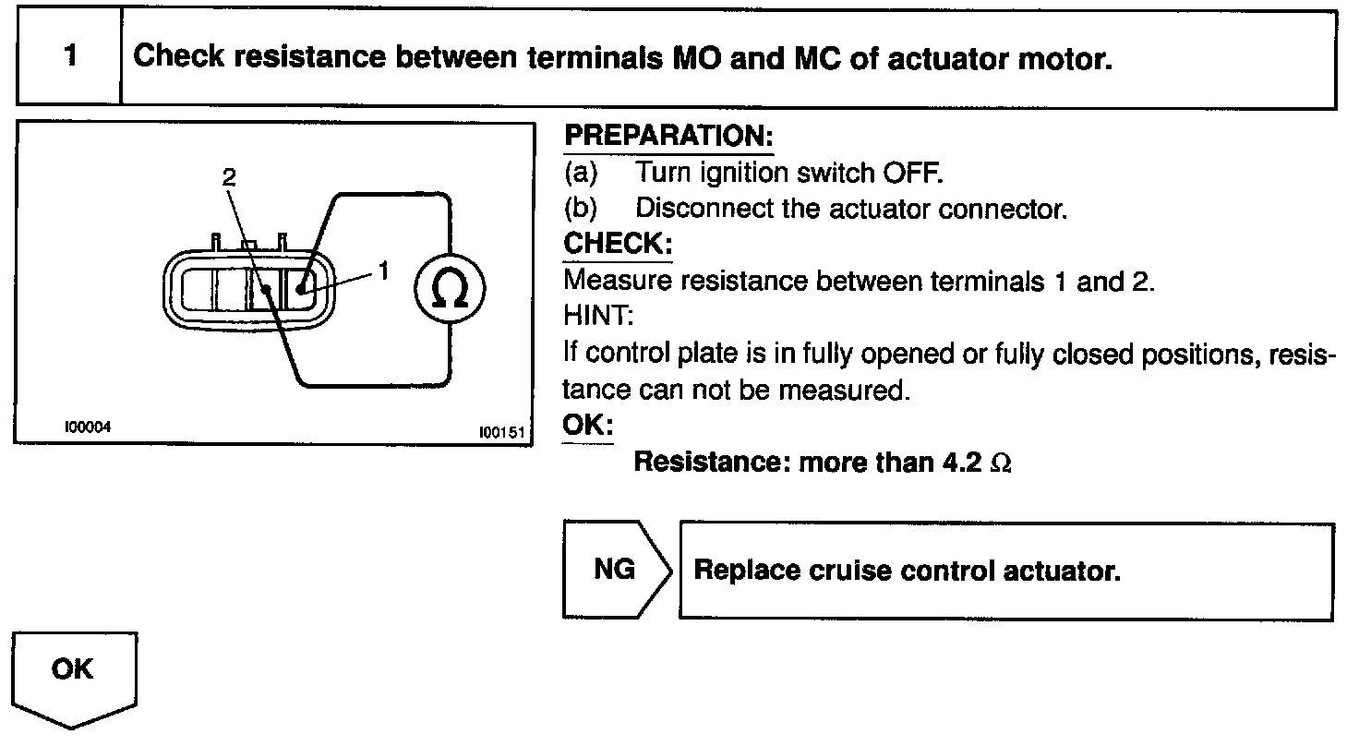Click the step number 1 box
(70, 57)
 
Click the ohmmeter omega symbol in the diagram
(449, 289)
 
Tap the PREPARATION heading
(667, 137)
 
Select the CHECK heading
(617, 245)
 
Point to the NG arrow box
(614, 570)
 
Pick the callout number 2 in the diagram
(229, 177)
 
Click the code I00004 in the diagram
(88, 427)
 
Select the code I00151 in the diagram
(501, 431)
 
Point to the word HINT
(596, 317)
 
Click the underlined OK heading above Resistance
(587, 426)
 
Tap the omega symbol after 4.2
(1001, 463)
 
